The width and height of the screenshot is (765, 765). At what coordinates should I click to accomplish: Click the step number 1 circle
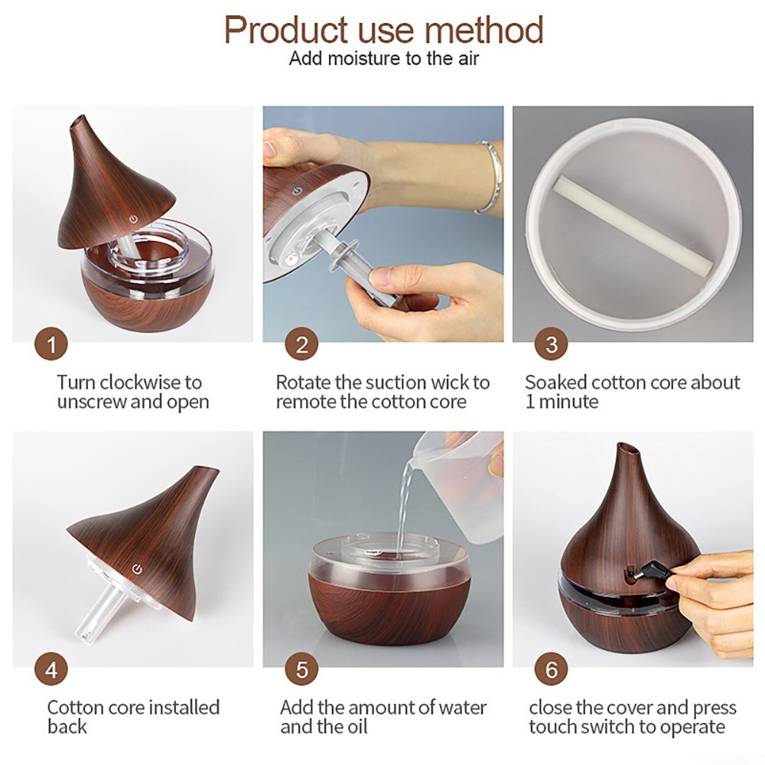(x=50, y=344)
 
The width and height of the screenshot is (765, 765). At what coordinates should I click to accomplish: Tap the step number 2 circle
(x=301, y=344)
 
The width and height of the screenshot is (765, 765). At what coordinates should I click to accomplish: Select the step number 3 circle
(x=552, y=344)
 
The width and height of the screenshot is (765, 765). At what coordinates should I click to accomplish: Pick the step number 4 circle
(x=50, y=669)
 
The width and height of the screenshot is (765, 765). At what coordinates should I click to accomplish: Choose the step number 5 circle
(x=301, y=669)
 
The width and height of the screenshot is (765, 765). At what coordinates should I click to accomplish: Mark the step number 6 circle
(x=552, y=669)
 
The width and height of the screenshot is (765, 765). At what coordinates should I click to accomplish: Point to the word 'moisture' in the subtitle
(x=364, y=59)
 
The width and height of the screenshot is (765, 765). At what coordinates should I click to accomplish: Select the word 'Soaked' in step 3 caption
(x=555, y=382)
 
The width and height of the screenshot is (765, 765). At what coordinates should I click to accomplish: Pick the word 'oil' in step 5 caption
(x=356, y=727)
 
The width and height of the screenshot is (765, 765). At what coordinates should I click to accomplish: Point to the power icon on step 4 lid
(x=138, y=569)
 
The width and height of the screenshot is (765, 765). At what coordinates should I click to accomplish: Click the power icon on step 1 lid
(x=133, y=220)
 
